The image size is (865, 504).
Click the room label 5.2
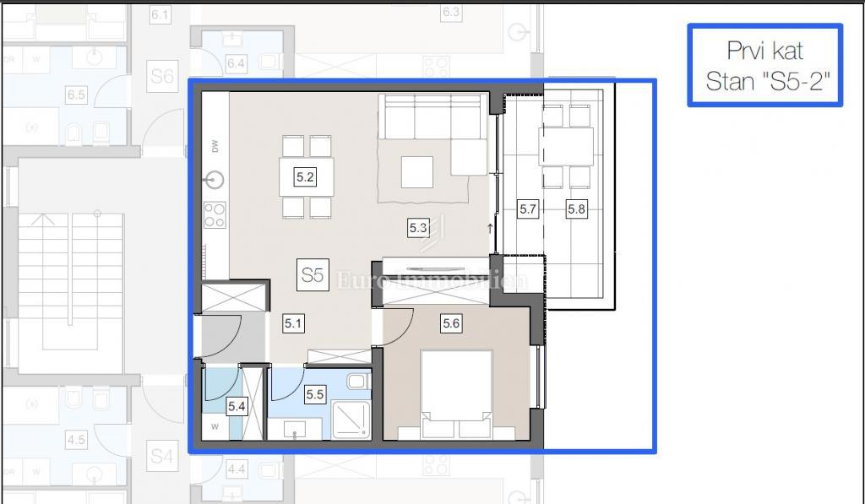(x=305, y=177)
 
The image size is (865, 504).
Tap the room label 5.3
(x=418, y=227)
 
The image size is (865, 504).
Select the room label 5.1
(x=293, y=322)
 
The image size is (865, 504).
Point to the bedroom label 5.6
(x=451, y=322)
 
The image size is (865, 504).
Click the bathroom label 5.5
(x=315, y=393)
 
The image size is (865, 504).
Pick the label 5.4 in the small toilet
(x=237, y=407)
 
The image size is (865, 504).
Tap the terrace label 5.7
(x=528, y=208)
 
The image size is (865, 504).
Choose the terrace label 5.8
(x=575, y=208)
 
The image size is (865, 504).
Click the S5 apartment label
(x=313, y=275)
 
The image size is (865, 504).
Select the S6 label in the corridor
(x=161, y=77)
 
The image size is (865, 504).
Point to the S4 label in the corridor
(x=161, y=457)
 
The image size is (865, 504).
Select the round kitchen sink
(x=216, y=180)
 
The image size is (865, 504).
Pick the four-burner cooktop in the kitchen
(x=215, y=215)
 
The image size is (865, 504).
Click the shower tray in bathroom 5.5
(x=351, y=420)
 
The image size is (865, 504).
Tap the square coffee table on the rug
(x=416, y=173)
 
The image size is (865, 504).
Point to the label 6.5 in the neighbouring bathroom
(x=76, y=95)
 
